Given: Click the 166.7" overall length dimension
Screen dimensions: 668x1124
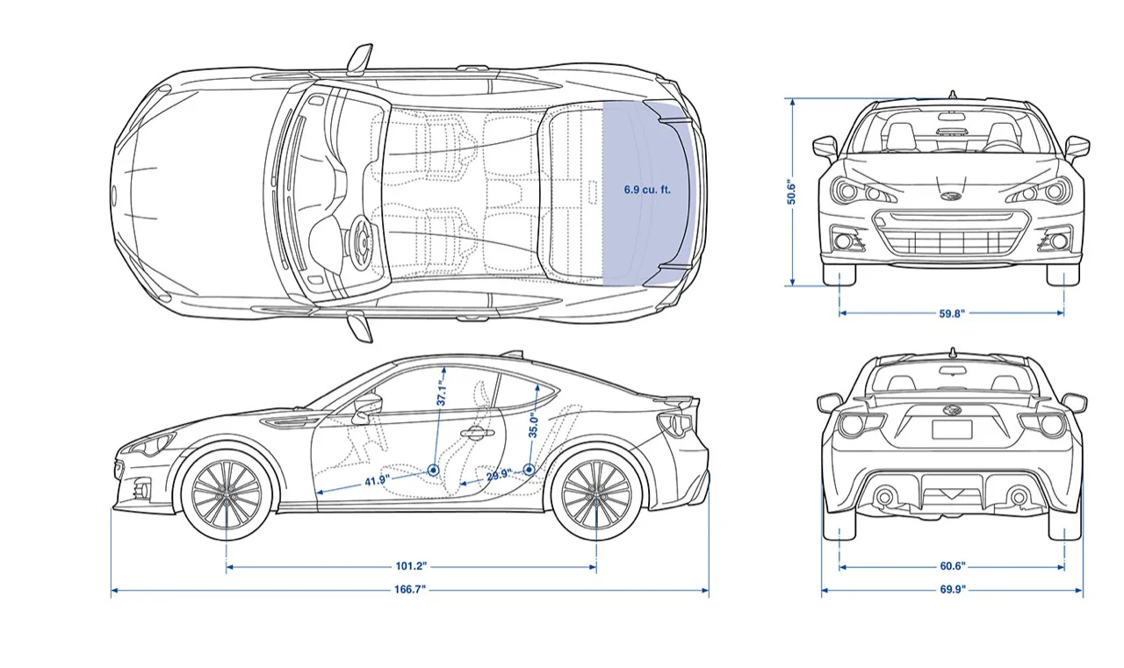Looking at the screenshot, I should pos(409,590).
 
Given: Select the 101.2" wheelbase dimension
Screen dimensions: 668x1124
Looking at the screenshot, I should pos(411,566).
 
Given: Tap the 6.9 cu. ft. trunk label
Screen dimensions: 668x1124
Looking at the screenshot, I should pos(647,190).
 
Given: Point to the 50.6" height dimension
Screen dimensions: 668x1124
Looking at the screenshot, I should pos(791,192).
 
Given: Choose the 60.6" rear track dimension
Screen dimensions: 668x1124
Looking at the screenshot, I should pos(952,566).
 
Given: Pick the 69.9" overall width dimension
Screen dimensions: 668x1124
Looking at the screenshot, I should pos(952,590).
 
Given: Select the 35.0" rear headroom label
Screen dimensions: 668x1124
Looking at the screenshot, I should pos(533,426).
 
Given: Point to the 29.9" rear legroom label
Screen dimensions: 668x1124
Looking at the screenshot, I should pos(498,475).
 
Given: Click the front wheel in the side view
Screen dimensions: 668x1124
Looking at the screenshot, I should pos(227,494).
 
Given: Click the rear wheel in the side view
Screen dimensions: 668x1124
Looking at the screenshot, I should pos(596,494).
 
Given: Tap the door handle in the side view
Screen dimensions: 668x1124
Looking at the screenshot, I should pos(475,431).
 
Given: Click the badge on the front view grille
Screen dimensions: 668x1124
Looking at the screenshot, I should pos(951,195).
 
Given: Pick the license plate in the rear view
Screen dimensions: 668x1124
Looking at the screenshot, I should pos(952,430).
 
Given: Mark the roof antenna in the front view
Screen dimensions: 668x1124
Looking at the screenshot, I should pos(952,94).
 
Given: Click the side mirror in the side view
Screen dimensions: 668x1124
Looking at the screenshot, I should pos(369,404).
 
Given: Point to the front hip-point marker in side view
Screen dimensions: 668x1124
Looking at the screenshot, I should pos(434,470).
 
